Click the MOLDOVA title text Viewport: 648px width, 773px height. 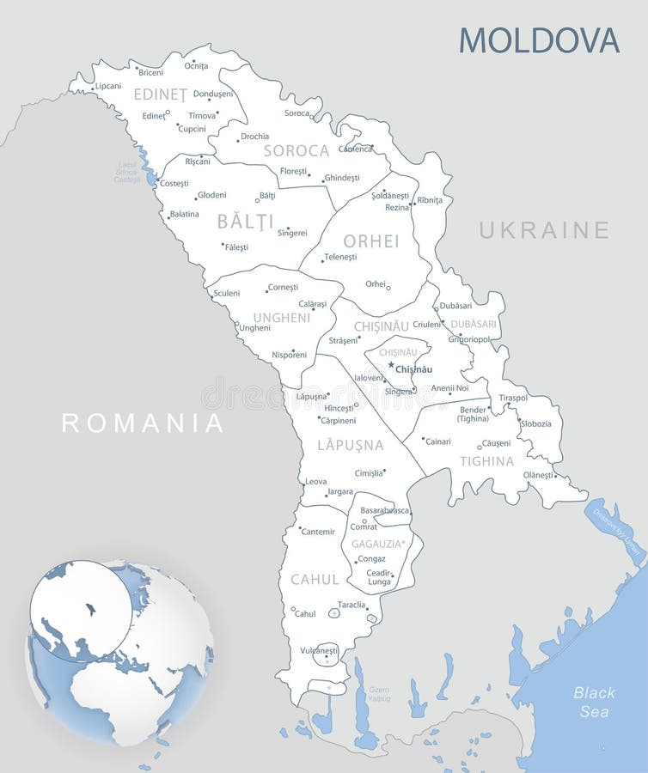pyautogui.click(x=539, y=40)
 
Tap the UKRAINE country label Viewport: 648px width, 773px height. pyautogui.click(x=544, y=230)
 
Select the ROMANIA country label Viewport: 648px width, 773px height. pyautogui.click(x=143, y=423)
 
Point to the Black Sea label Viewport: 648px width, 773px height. pyautogui.click(x=594, y=702)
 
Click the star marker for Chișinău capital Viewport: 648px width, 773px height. pyautogui.click(x=390, y=365)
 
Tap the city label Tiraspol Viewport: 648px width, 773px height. pyautogui.click(x=513, y=398)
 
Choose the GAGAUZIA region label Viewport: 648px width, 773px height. pyautogui.click(x=377, y=543)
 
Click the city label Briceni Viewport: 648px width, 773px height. pyautogui.click(x=150, y=72)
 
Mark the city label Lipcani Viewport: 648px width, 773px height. pyautogui.click(x=108, y=86)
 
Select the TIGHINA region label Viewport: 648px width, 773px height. pyautogui.click(x=486, y=461)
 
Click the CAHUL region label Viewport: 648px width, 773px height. pyautogui.click(x=315, y=580)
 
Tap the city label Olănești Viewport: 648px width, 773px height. pyautogui.click(x=538, y=475)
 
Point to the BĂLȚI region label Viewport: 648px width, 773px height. pyautogui.click(x=245, y=222)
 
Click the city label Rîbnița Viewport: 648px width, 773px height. pyautogui.click(x=429, y=200)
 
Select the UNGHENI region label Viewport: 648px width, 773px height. pyautogui.click(x=281, y=318)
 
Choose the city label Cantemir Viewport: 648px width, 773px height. pyautogui.click(x=318, y=532)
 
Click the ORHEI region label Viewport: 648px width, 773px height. pyautogui.click(x=371, y=241)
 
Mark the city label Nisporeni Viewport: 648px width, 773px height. pyautogui.click(x=289, y=354)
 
